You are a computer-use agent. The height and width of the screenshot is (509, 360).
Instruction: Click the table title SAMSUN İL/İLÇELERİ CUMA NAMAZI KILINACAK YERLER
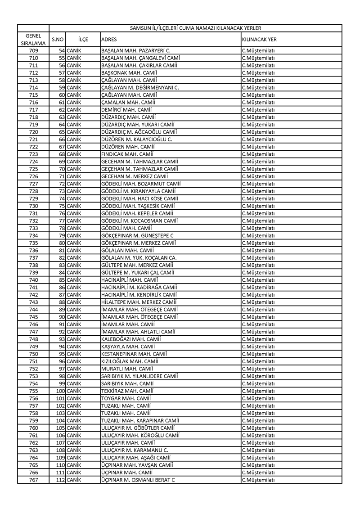195,28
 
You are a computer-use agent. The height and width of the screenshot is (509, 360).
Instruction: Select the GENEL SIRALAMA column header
33,39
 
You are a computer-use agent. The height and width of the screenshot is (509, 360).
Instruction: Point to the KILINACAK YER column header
259,39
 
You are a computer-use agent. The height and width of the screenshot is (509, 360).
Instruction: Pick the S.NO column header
57,39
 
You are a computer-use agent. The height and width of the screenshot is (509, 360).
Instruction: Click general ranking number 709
33,50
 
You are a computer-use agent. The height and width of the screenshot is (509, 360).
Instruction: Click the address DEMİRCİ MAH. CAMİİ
126,109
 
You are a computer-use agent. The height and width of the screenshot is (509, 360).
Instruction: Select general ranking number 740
33,280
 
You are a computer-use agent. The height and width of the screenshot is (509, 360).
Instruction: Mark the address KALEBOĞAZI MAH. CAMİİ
131,339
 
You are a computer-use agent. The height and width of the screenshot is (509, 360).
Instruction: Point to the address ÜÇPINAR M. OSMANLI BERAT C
138,480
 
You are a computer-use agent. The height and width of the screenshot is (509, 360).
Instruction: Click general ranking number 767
33,480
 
